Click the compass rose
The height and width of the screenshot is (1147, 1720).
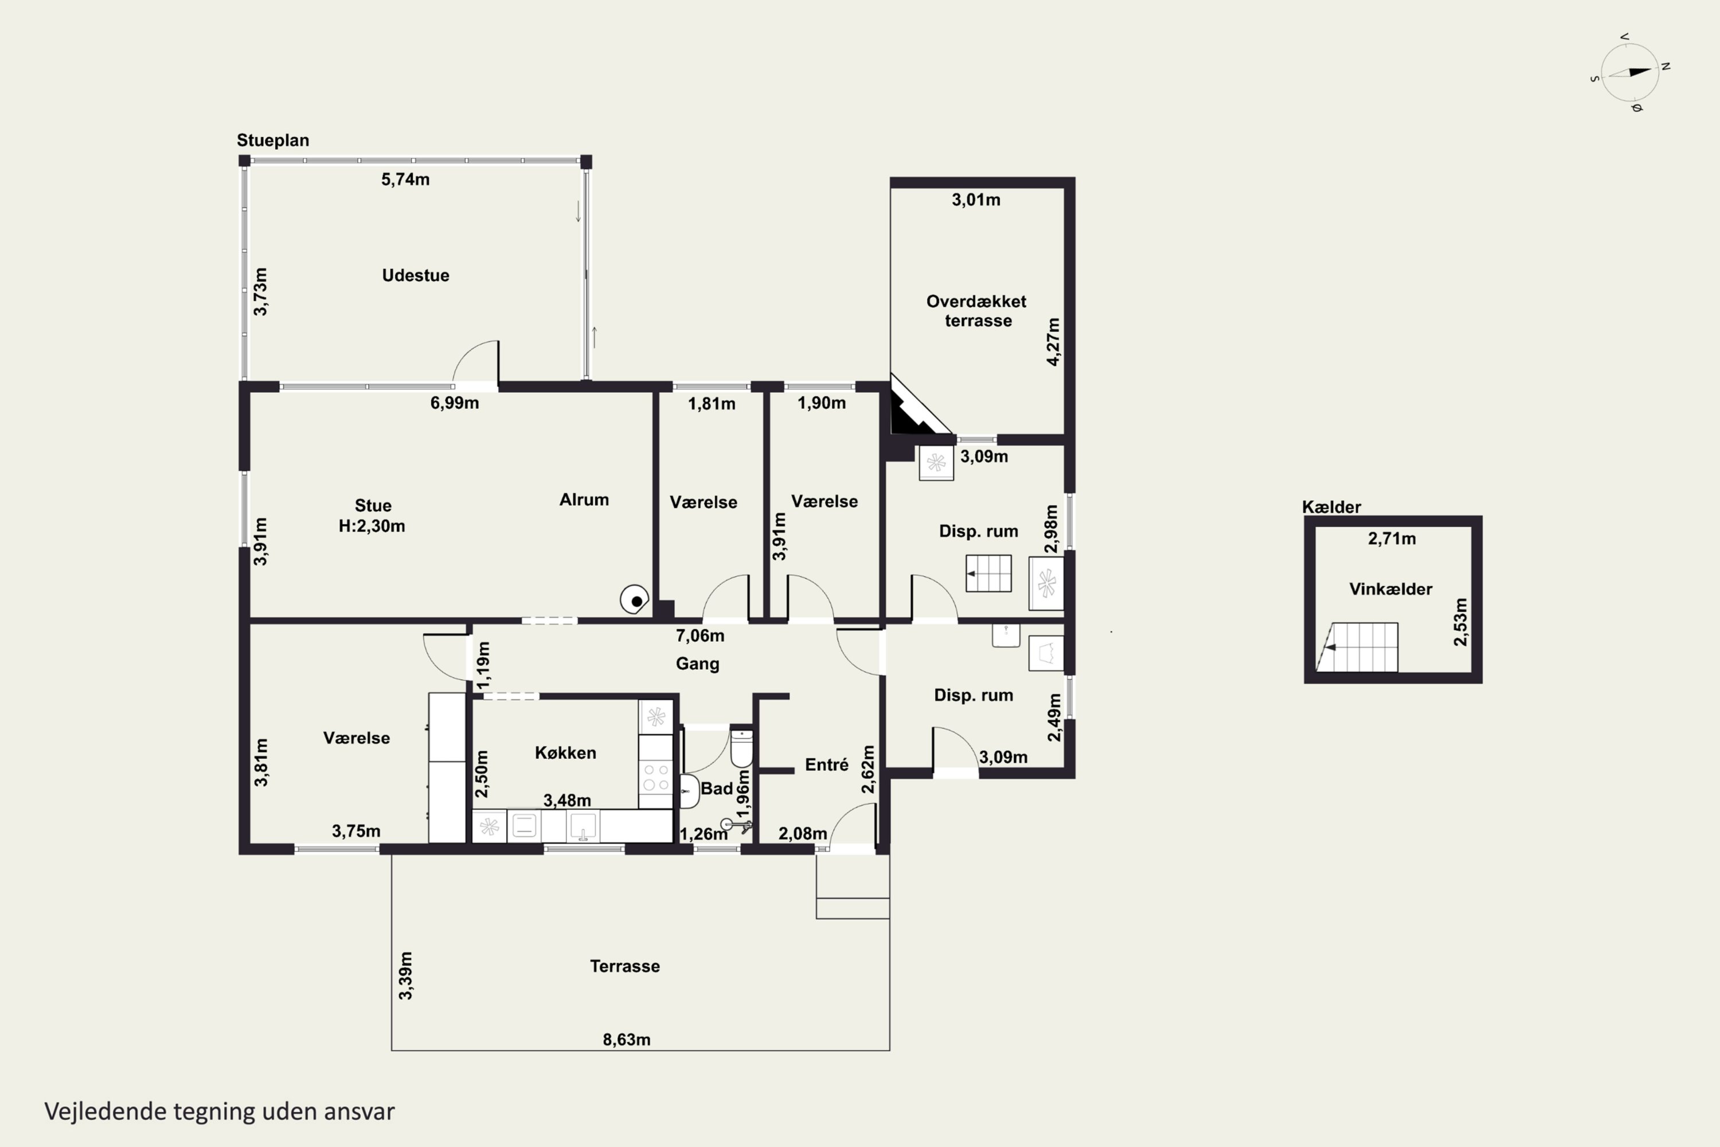[x=1630, y=72]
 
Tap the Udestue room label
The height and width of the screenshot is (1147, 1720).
[x=415, y=276]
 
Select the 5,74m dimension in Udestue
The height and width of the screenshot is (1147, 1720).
[x=405, y=179]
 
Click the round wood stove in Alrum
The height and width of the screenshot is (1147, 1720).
[x=634, y=599]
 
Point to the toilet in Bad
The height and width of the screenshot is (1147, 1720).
[x=741, y=748]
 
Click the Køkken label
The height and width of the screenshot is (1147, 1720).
[x=565, y=752]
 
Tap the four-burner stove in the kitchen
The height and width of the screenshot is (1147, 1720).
[x=655, y=777]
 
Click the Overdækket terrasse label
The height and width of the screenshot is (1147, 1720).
[x=976, y=311]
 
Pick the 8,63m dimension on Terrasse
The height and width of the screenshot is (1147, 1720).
[x=627, y=1039]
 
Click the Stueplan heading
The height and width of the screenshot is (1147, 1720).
[x=273, y=141]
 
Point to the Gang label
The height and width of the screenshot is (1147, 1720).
[x=698, y=664]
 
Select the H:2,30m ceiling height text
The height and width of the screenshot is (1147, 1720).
[x=372, y=526]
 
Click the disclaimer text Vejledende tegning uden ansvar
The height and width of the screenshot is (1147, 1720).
[x=220, y=1111]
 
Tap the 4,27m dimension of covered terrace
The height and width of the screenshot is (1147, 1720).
[x=1053, y=342]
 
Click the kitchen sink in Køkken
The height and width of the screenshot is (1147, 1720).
[x=583, y=826]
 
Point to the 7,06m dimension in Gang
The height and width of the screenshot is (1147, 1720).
[x=700, y=635]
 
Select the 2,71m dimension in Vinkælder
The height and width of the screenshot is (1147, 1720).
[x=1391, y=539]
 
